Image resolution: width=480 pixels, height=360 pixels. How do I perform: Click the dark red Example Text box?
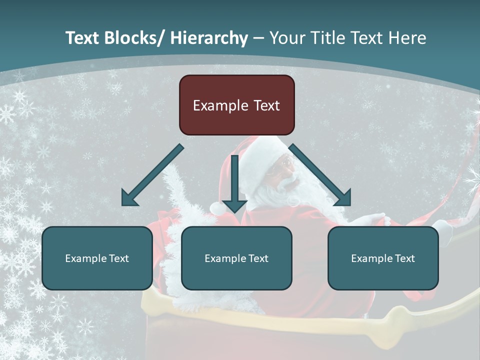pyautogui.click(x=236, y=105)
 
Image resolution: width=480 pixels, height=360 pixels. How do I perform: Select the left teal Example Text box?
pyautogui.click(x=97, y=258)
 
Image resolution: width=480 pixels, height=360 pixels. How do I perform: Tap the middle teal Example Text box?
pyautogui.click(x=236, y=258)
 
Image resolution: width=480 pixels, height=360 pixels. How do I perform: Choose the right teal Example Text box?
pyautogui.click(x=383, y=258)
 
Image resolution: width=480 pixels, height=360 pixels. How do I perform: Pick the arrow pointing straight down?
pyautogui.click(x=234, y=185)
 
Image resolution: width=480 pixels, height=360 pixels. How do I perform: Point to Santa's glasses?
pyautogui.click(x=285, y=162)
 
